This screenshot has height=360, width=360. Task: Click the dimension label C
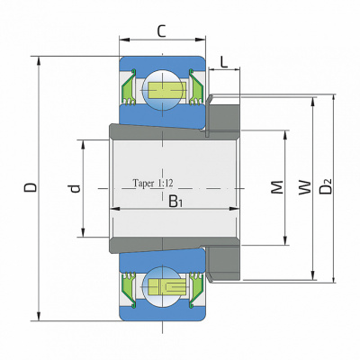162,31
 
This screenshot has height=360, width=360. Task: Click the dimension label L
224,62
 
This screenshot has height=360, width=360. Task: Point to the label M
277,187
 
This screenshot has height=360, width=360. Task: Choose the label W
304,187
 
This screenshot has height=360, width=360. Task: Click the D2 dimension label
326,187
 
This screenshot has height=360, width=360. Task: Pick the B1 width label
175,201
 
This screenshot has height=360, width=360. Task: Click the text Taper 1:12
153,183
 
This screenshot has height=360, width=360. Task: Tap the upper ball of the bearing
162,90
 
